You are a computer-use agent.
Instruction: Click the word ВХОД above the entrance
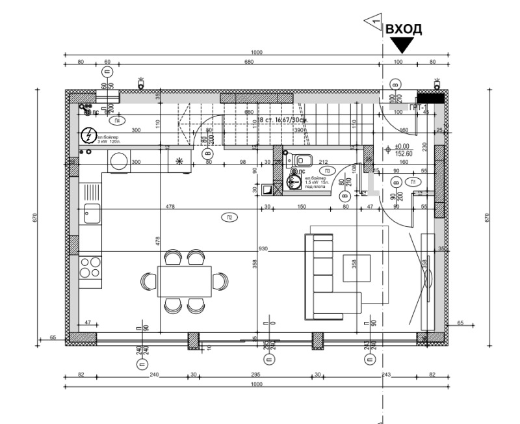coord(404,29)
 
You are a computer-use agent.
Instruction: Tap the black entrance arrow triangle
coord(402,45)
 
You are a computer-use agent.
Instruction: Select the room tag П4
coord(117,121)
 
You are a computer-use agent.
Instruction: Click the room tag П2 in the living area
coord(229,217)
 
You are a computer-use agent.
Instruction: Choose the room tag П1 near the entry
coord(413,182)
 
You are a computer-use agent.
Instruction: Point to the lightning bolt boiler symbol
coord(88,136)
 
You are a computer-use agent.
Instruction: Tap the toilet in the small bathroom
coord(302,160)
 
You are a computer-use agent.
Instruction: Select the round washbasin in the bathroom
coord(295,182)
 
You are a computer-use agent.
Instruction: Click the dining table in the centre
coord(185,281)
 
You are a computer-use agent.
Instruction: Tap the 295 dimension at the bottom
coord(255,375)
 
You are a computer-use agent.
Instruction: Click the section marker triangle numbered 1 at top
coord(374,21)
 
